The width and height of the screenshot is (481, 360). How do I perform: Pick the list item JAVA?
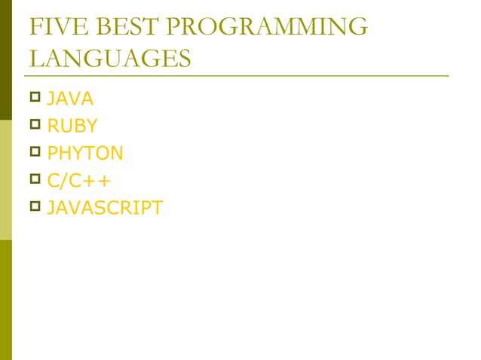point(70,99)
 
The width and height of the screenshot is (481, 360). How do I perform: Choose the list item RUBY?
point(72,126)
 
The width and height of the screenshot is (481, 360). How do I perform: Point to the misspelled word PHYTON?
point(84,154)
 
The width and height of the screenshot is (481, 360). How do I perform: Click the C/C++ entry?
point(79,181)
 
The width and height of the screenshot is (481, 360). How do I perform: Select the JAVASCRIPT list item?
point(104,208)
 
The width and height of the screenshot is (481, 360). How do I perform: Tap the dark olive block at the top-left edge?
point(6,60)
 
